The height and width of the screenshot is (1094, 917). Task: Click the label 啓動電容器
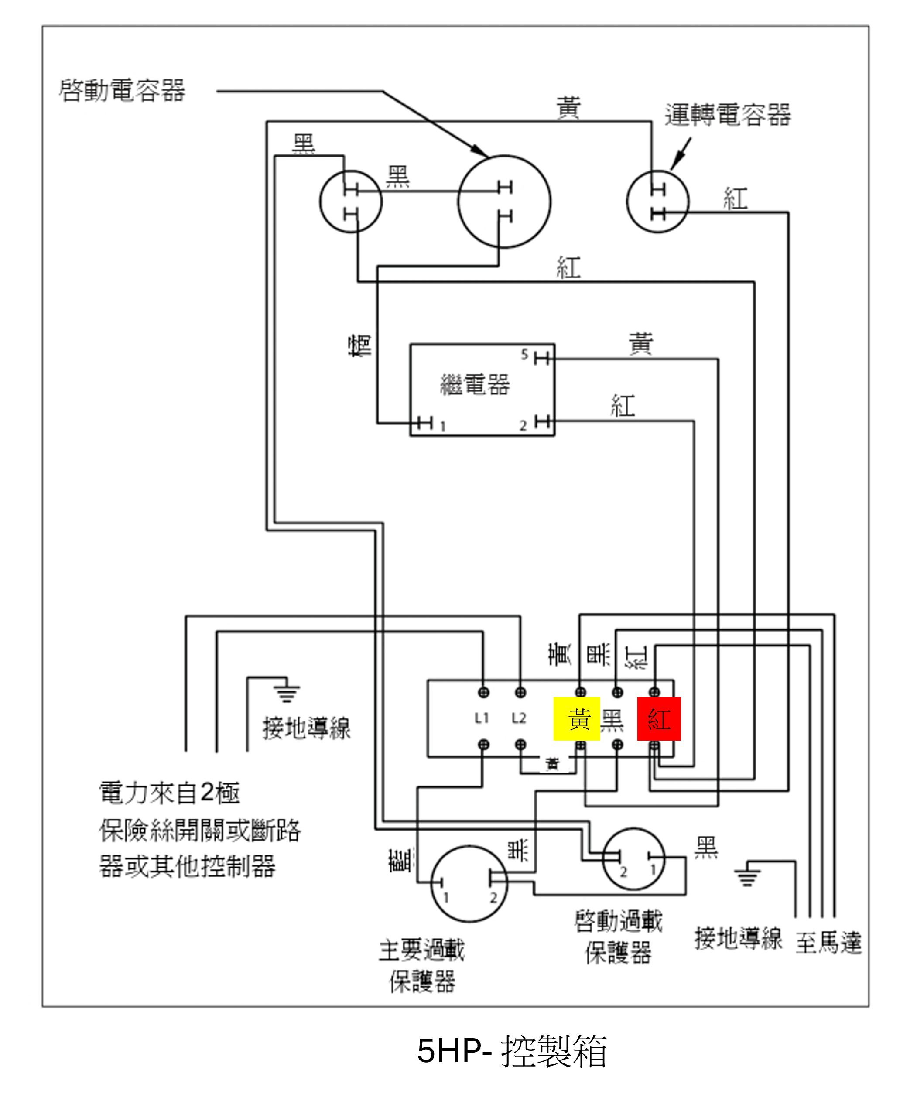coord(122,91)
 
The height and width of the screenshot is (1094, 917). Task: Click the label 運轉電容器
coord(727,115)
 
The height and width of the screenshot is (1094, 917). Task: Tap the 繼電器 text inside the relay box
coord(475,385)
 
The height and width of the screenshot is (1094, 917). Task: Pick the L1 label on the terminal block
coord(482,718)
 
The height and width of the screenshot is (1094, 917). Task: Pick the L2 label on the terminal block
coord(519,718)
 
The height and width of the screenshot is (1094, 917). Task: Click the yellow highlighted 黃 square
coord(577,719)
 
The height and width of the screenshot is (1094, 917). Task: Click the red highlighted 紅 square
coord(659,719)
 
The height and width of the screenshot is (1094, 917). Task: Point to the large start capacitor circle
coord(504,202)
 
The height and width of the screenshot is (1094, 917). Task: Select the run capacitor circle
coord(657,202)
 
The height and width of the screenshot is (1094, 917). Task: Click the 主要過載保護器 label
coord(422,965)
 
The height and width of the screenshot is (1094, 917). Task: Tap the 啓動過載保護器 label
coord(619,936)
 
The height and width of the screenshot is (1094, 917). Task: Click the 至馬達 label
coord(828,942)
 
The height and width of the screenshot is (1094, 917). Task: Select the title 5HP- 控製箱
coord(511,1051)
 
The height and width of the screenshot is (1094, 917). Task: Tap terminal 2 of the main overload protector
coord(493,898)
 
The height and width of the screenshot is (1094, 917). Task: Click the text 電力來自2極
coord(170,793)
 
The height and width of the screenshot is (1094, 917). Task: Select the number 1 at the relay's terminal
coord(443,427)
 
